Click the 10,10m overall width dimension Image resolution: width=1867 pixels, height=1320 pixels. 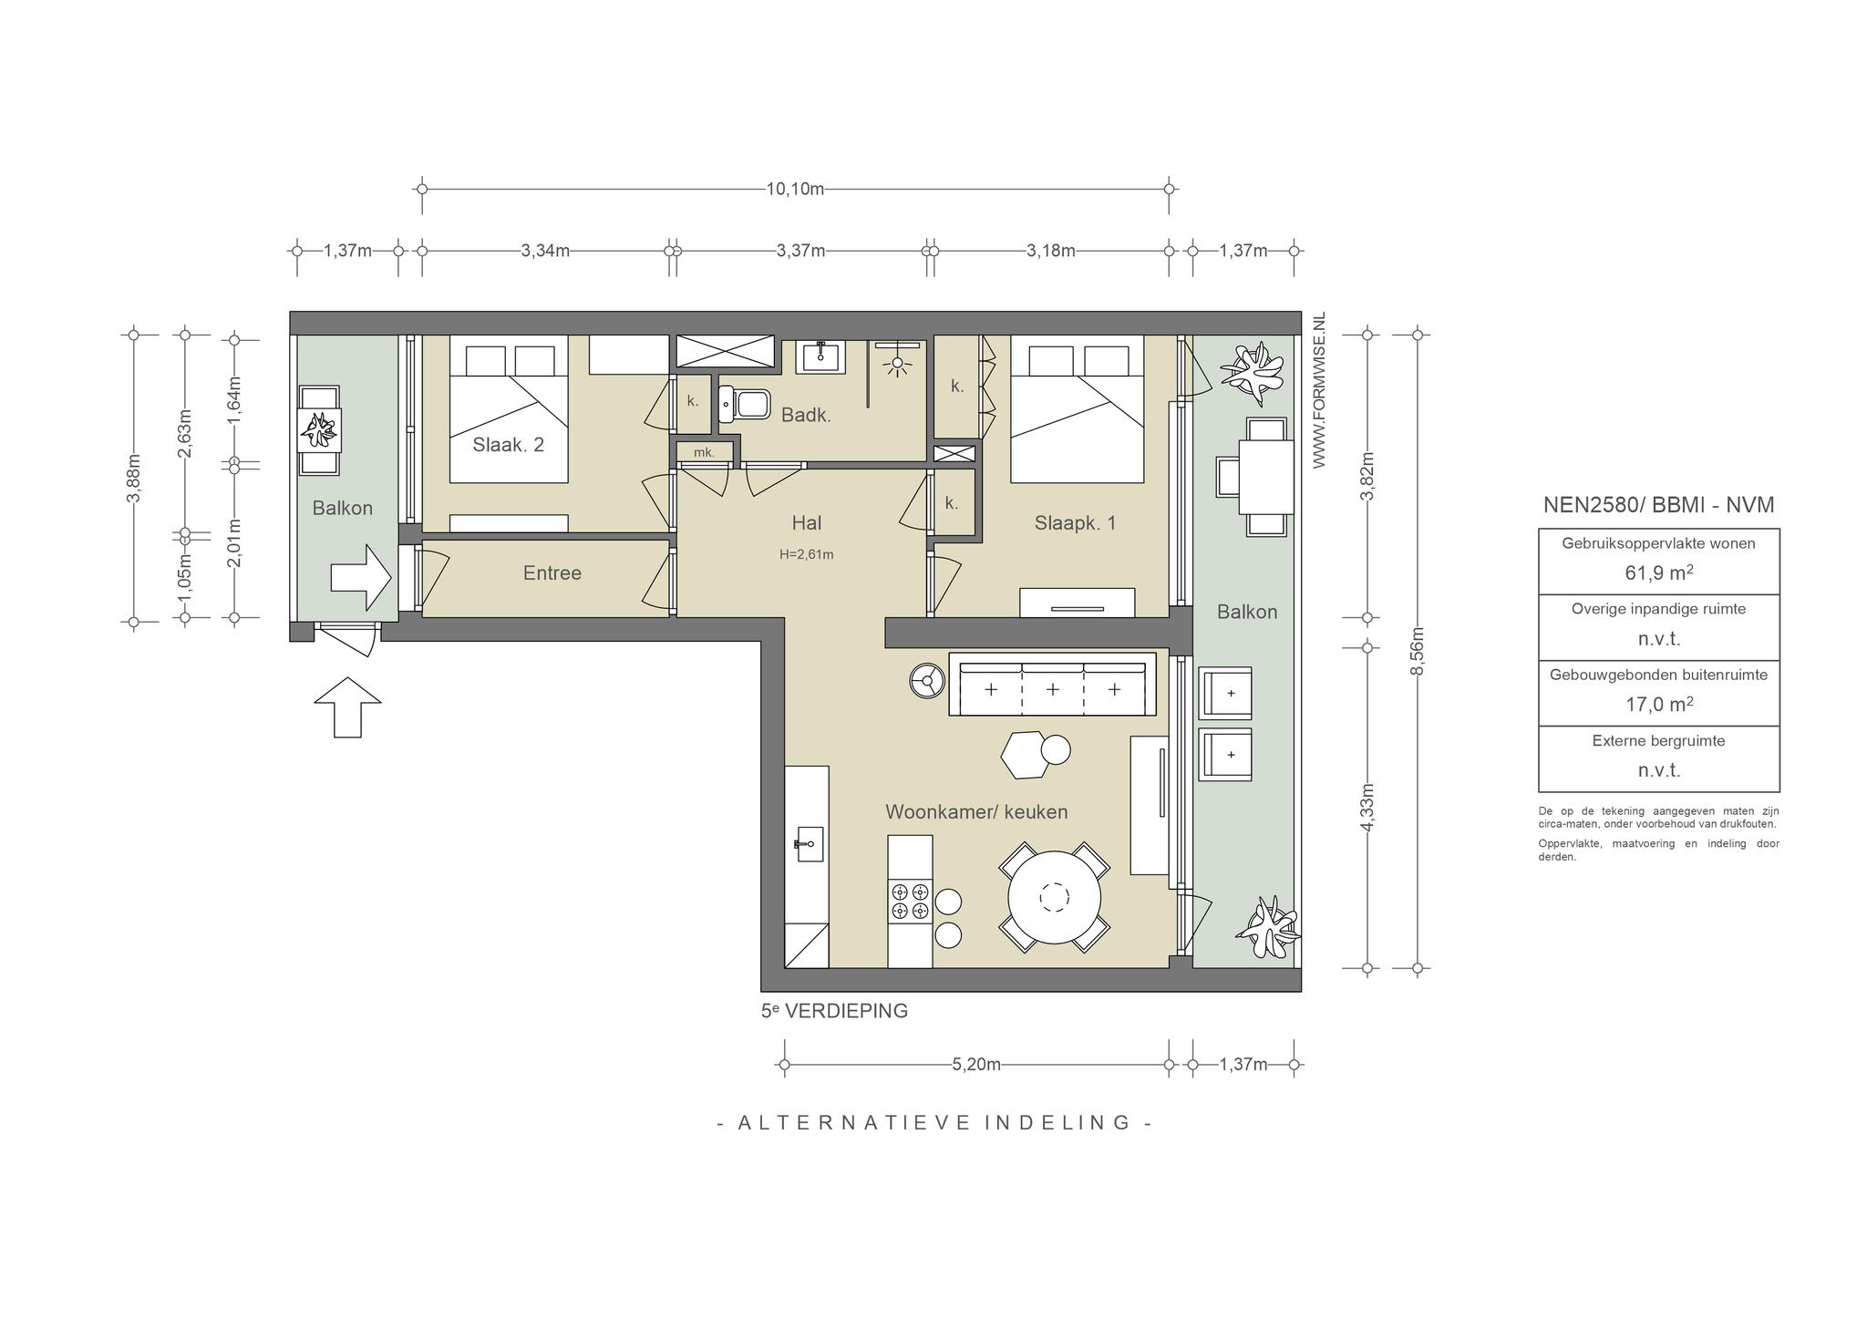click(795, 190)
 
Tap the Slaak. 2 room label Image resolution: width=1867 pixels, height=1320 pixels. click(508, 445)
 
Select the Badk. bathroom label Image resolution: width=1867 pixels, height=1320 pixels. click(806, 416)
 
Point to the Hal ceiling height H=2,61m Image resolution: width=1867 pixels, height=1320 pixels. click(806, 554)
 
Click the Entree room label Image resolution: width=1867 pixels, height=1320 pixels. click(552, 572)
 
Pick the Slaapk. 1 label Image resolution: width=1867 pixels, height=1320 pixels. click(1075, 523)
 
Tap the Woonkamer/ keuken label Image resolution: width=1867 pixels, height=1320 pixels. click(976, 811)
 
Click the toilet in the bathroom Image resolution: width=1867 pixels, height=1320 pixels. click(743, 403)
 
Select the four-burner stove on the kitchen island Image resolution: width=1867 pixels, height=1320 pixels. click(910, 902)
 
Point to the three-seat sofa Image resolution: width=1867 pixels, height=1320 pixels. click(1052, 684)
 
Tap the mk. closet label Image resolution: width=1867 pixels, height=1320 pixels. click(704, 452)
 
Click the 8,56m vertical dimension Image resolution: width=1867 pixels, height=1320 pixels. click(1418, 651)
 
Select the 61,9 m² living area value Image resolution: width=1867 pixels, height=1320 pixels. click(1658, 572)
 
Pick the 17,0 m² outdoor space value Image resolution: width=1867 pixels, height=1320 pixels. click(1658, 704)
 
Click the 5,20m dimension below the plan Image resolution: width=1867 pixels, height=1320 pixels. click(976, 1064)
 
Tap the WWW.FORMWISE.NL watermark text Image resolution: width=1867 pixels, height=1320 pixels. click(1318, 391)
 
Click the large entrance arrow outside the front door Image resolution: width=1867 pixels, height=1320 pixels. click(347, 706)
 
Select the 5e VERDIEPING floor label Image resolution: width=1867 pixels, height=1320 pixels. click(834, 1011)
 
